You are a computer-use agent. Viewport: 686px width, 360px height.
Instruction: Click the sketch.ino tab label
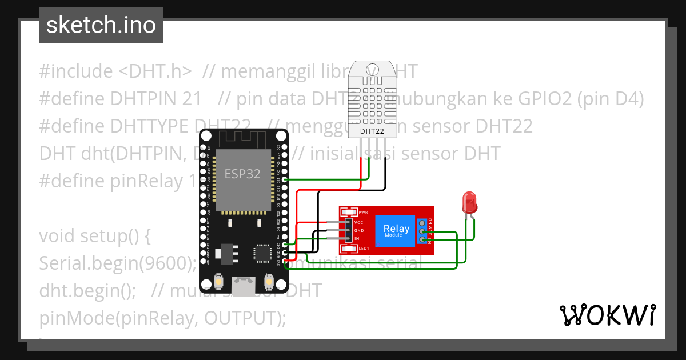[x=101, y=25]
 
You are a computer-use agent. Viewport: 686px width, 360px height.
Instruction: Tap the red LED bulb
[x=470, y=202]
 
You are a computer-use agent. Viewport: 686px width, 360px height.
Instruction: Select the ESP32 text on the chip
[x=242, y=174]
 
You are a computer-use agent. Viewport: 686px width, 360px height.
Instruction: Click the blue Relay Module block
[x=396, y=230]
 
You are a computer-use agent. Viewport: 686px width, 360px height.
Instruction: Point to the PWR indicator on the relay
[x=362, y=212]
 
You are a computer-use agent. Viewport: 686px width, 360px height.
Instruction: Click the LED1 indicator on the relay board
[x=363, y=249]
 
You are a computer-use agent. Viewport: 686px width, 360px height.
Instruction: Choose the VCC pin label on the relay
[x=359, y=222]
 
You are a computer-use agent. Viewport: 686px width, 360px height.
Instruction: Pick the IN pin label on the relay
[x=357, y=238]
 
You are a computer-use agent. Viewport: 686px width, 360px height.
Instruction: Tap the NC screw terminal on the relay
[x=422, y=222]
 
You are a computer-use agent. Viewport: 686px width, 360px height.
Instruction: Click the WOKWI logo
[x=607, y=315]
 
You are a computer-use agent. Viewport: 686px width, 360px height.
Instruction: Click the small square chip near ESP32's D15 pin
[x=262, y=253]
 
